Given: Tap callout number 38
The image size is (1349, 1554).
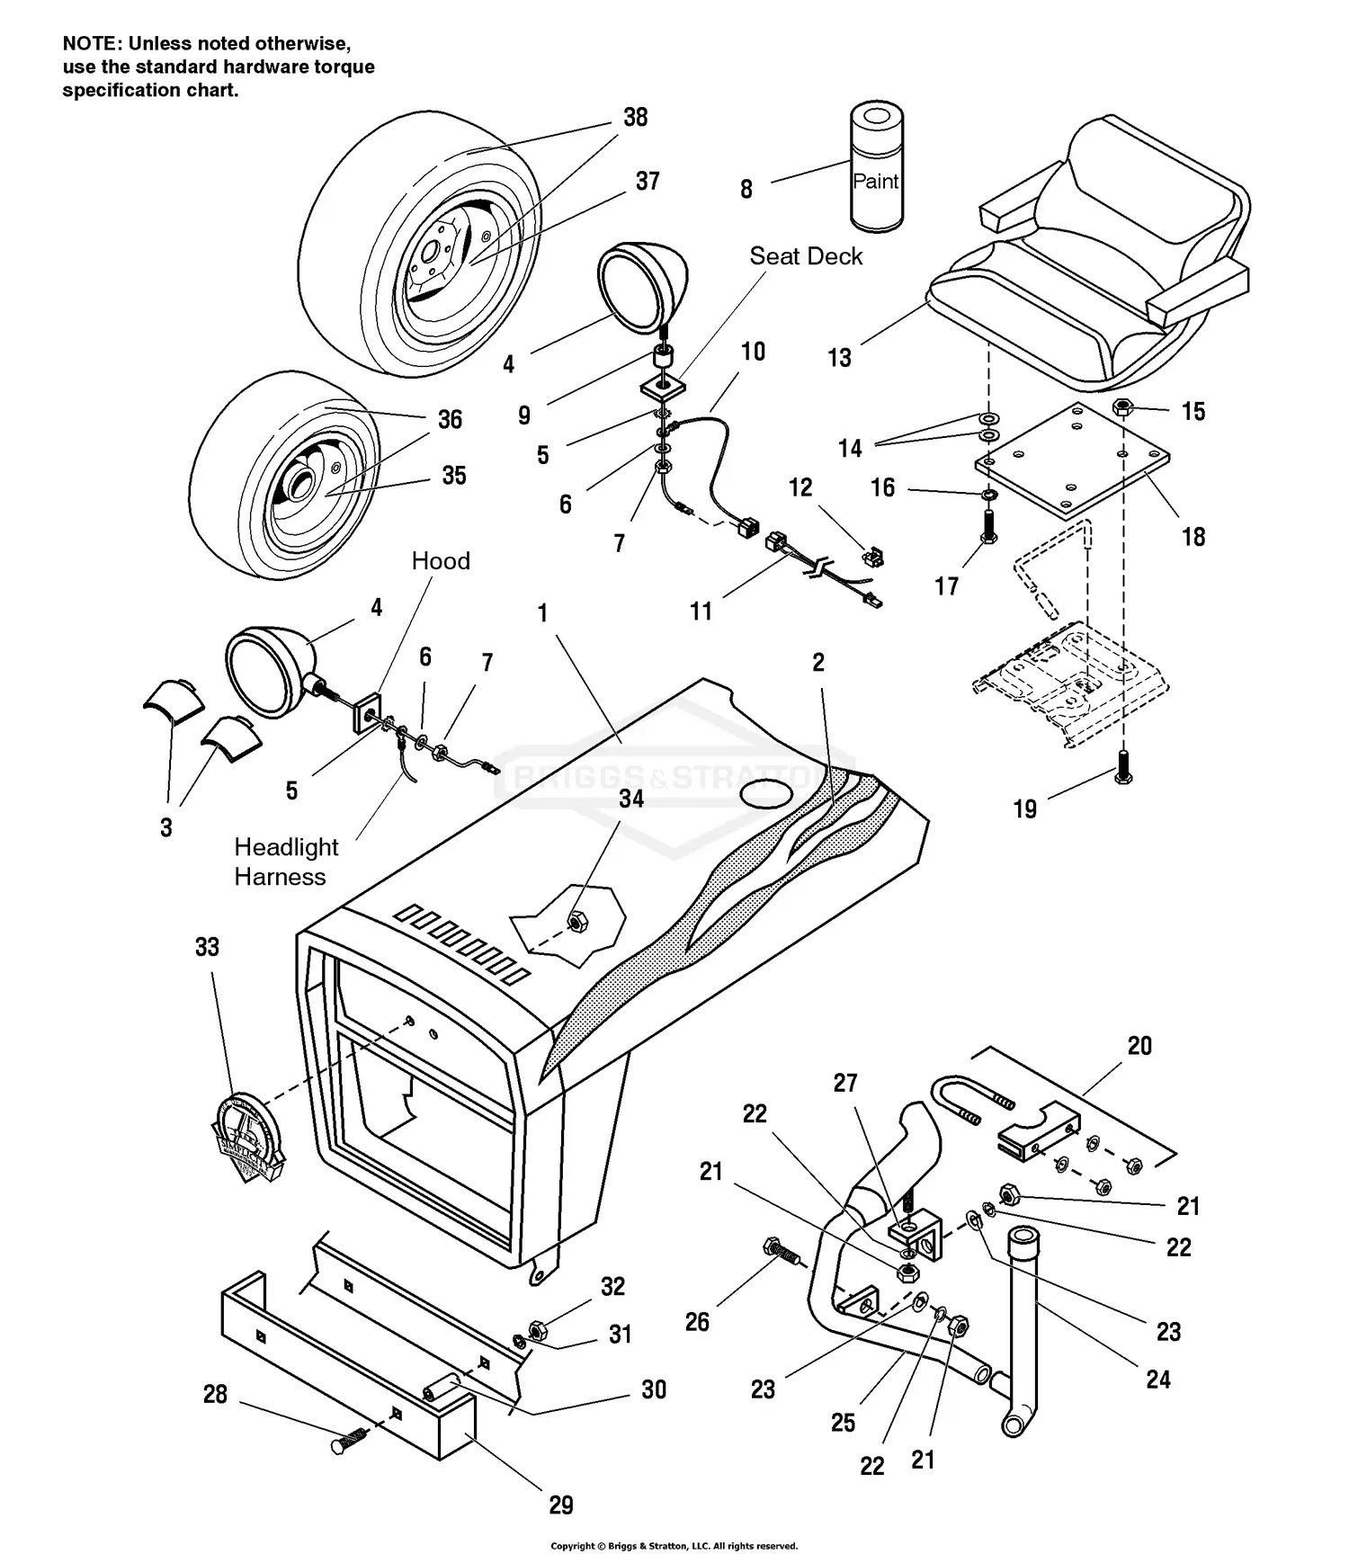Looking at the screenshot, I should [636, 118].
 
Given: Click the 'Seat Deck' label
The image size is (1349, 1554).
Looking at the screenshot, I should [806, 256].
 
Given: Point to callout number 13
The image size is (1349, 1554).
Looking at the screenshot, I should [839, 358].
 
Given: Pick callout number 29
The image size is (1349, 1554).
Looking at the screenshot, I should [561, 1505].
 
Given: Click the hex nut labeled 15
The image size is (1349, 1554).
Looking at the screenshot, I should [1121, 406].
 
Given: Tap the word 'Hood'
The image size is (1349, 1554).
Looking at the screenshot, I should [441, 561].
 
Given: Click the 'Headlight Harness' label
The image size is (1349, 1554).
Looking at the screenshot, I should [285, 862].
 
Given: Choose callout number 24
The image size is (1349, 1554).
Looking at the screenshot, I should [1158, 1379].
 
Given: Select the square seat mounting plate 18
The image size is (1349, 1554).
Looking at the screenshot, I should [1073, 460].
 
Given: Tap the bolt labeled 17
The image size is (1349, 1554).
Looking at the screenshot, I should [987, 526].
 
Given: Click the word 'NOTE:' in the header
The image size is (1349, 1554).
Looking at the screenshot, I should [93, 43].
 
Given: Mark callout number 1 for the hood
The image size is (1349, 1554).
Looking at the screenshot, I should [542, 613].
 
